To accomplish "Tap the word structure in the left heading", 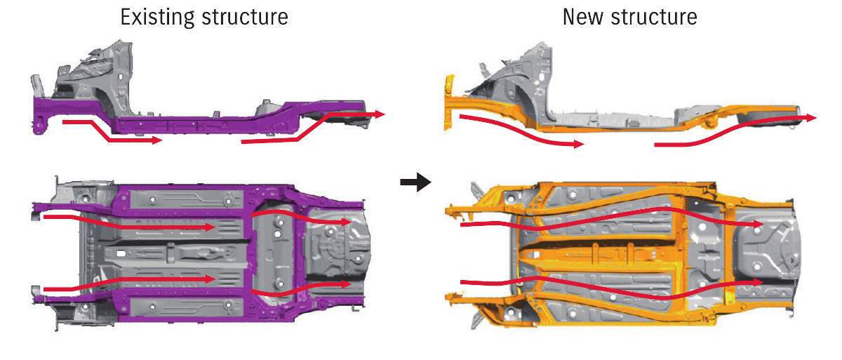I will pyautogui.click(x=244, y=17).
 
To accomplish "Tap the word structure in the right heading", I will pyautogui.click(x=655, y=17).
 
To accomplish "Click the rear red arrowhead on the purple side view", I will pyautogui.click(x=380, y=113).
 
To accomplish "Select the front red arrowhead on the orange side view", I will pyautogui.click(x=577, y=145).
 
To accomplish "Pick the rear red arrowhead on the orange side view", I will pyautogui.click(x=811, y=119).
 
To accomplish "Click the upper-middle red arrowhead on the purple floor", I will pyautogui.click(x=210, y=227).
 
